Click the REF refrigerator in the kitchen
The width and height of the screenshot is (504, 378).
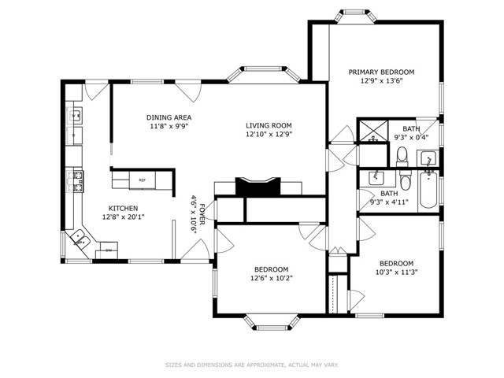143,180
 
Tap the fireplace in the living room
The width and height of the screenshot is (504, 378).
258,186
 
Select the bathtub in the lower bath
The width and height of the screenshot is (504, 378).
428,189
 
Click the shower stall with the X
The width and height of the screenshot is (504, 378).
372,132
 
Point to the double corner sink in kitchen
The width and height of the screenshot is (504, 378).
80,239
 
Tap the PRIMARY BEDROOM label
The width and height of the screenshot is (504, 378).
381,72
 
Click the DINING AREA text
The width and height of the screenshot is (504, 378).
169,117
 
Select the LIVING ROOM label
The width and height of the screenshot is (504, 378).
269,126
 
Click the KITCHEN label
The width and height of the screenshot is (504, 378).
123,209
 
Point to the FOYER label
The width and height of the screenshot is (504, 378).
202,214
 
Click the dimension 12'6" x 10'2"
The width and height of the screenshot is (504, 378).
272,278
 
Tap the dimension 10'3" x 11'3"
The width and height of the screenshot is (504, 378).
396,272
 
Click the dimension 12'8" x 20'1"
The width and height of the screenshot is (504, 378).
123,217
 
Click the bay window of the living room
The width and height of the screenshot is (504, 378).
264,74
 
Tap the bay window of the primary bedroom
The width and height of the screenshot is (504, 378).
357,16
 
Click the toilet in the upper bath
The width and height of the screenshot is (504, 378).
402,157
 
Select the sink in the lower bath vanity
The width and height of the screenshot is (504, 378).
376,178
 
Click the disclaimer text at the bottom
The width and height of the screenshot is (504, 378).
252,365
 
